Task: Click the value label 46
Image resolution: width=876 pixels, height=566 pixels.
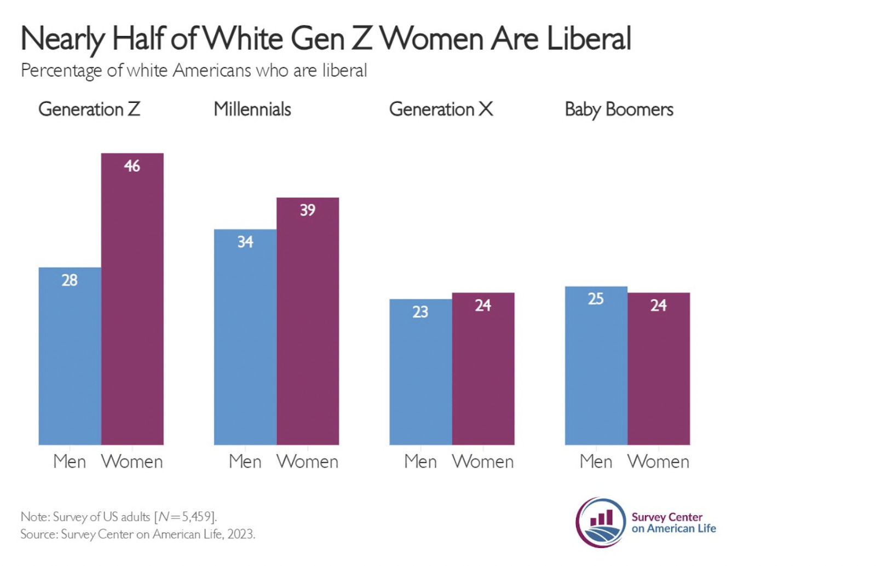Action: [132, 166]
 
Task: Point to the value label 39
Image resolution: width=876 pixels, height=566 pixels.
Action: [307, 210]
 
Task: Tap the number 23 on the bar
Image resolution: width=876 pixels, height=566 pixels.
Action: [420, 312]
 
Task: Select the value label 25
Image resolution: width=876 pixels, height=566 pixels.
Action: [596, 299]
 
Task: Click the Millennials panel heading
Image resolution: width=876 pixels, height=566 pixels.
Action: [252, 109]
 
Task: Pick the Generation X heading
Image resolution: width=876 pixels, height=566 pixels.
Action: [441, 109]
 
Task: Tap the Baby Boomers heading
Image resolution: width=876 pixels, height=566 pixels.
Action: [619, 110]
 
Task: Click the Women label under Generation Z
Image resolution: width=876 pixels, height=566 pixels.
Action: [132, 462]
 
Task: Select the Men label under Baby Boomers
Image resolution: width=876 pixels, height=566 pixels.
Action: [596, 462]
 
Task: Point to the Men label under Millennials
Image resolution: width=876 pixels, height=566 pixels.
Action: [245, 462]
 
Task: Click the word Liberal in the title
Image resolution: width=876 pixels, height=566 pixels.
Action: [589, 39]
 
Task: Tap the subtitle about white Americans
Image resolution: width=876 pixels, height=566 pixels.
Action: [194, 71]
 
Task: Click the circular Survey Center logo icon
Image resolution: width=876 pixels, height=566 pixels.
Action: [600, 522]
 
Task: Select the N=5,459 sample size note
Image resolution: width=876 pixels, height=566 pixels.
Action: [186, 517]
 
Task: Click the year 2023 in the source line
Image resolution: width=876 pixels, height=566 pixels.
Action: [241, 534]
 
